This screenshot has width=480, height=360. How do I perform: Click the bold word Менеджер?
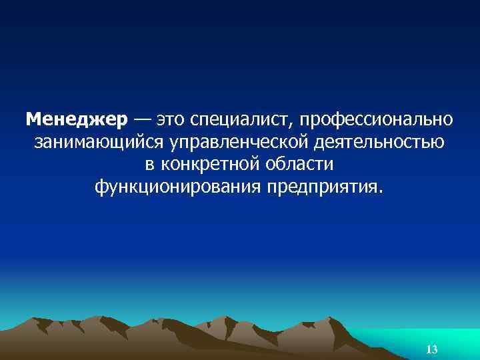76,120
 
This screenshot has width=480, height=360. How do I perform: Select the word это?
171,121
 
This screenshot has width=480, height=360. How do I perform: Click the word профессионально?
377,121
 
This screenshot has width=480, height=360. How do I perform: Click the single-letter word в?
149,164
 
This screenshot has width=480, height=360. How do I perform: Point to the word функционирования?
178,185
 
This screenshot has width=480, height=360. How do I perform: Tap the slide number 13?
431,349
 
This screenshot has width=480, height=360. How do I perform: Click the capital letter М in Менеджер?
34,120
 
